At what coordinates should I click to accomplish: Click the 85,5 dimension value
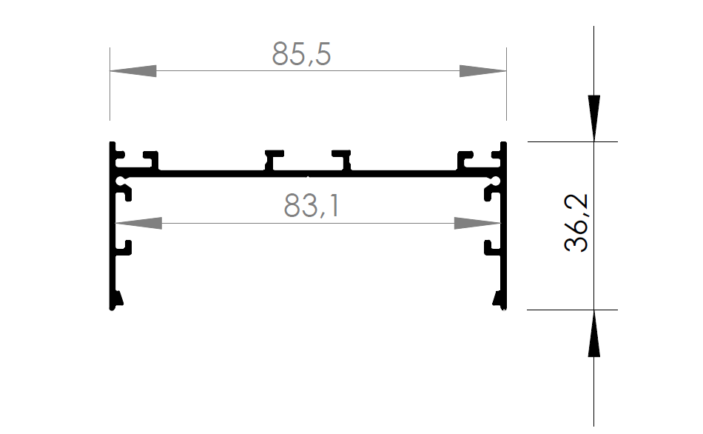click(301, 54)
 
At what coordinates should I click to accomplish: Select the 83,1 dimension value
click(312, 207)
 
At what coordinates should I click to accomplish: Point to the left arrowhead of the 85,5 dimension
click(134, 71)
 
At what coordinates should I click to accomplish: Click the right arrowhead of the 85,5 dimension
click(482, 71)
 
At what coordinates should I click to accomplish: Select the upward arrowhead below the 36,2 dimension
click(593, 334)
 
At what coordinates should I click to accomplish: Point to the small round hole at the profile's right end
click(496, 180)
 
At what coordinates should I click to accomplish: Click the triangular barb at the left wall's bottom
click(117, 299)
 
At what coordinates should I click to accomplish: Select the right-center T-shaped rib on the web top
click(342, 159)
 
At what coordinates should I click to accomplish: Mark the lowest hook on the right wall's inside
click(491, 247)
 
